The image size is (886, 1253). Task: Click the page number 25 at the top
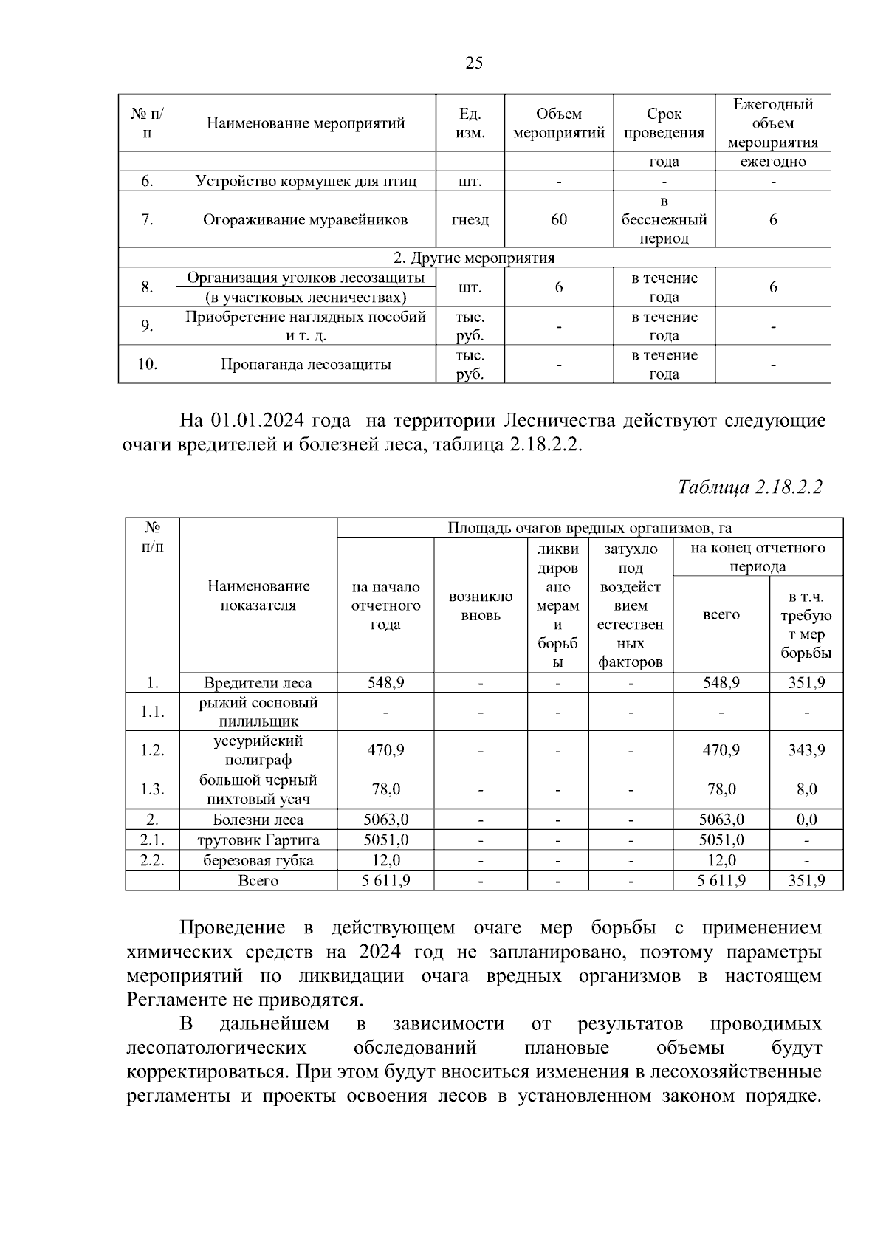pyautogui.click(x=474, y=63)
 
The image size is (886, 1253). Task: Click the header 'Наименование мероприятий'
pyautogui.click(x=306, y=123)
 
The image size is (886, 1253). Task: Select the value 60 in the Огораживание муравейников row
pyautogui.click(x=559, y=219)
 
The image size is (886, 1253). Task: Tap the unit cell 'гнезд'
pyautogui.click(x=470, y=219)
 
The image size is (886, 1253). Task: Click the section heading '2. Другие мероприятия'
pyautogui.click(x=474, y=258)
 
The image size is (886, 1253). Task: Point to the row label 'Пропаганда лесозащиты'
pyautogui.click(x=306, y=364)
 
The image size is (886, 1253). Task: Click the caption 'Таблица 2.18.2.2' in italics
pyautogui.click(x=749, y=487)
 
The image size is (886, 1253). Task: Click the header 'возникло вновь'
pyautogui.click(x=481, y=605)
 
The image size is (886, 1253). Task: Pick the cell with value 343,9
pyautogui.click(x=806, y=750)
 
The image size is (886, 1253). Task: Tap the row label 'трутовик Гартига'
pyautogui.click(x=258, y=840)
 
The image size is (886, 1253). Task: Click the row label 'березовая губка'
pyautogui.click(x=258, y=860)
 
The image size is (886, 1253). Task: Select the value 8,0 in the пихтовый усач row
pyautogui.click(x=806, y=789)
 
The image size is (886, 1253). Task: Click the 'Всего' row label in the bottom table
pyautogui.click(x=258, y=880)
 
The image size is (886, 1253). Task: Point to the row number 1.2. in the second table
pyautogui.click(x=152, y=750)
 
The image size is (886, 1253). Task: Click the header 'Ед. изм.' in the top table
pyautogui.click(x=470, y=123)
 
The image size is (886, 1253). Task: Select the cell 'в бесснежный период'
pyautogui.click(x=664, y=219)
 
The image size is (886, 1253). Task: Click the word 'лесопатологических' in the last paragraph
pyautogui.click(x=216, y=1048)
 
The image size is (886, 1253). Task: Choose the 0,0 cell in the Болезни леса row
pyautogui.click(x=806, y=820)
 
